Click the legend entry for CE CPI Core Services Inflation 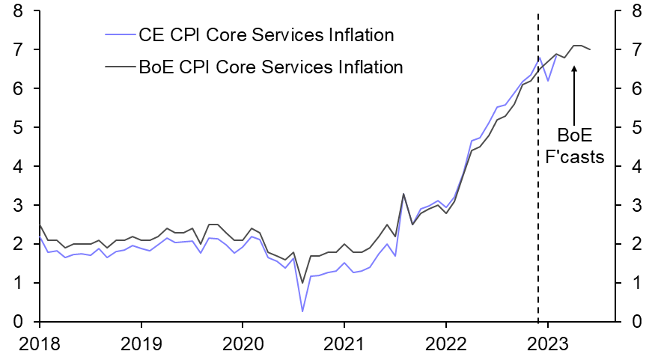pyautogui.click(x=266, y=34)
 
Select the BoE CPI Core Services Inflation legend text pyautogui.click(x=271, y=67)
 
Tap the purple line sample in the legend pyautogui.click(x=120, y=34)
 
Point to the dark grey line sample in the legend pyautogui.click(x=120, y=67)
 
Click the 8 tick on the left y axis pyautogui.click(x=17, y=11)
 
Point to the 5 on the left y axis pyautogui.click(x=17, y=127)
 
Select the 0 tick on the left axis pyautogui.click(x=17, y=322)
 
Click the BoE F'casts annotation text pyautogui.click(x=574, y=146)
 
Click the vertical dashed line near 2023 pyautogui.click(x=538, y=187)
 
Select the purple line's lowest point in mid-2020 pyautogui.click(x=302, y=311)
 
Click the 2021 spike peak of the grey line pyautogui.click(x=403, y=194)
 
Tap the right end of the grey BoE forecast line pyautogui.click(x=591, y=49)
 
